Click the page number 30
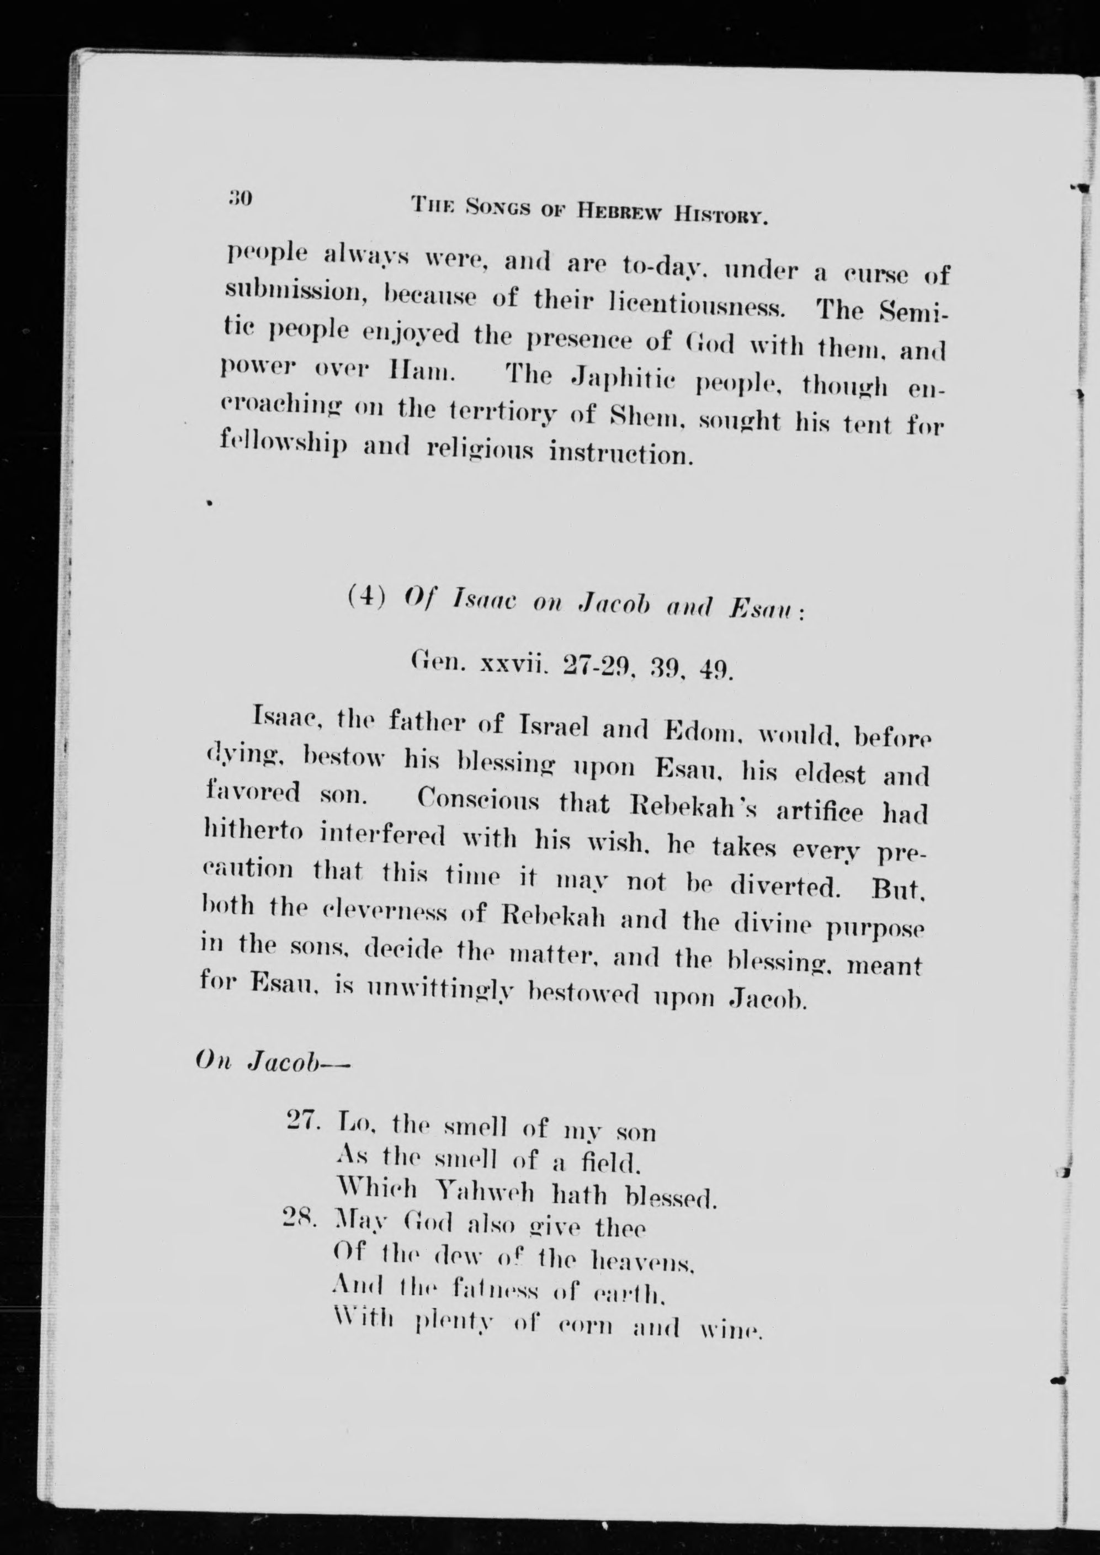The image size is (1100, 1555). click(x=240, y=199)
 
